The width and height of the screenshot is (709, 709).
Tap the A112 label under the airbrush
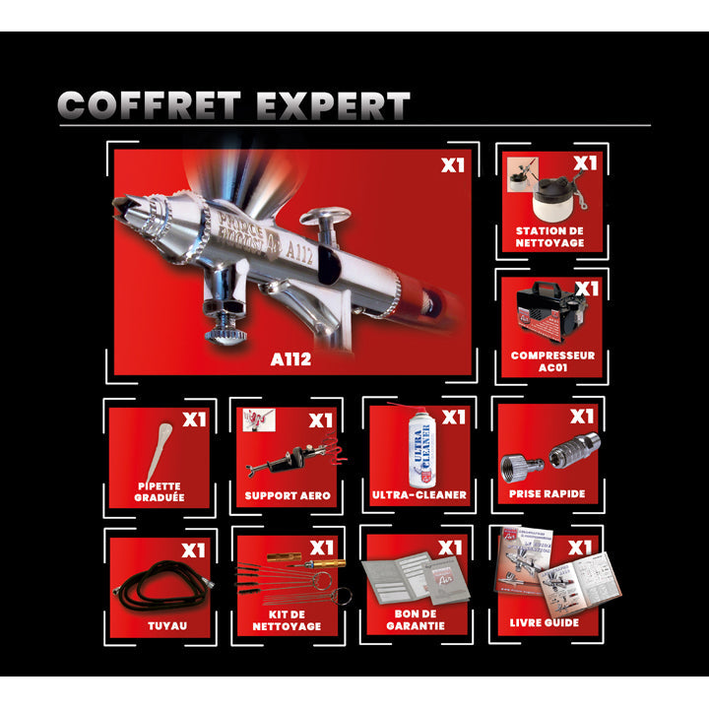(290, 359)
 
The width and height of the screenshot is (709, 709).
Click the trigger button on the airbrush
(326, 216)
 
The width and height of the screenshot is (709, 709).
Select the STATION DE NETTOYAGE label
(548, 237)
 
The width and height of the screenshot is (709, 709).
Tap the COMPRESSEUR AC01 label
(552, 360)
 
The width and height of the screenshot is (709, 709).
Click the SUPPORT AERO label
(288, 495)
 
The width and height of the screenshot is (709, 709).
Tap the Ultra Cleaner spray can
(419, 451)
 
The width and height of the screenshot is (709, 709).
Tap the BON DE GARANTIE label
(418, 618)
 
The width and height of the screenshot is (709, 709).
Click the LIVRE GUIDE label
(547, 622)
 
